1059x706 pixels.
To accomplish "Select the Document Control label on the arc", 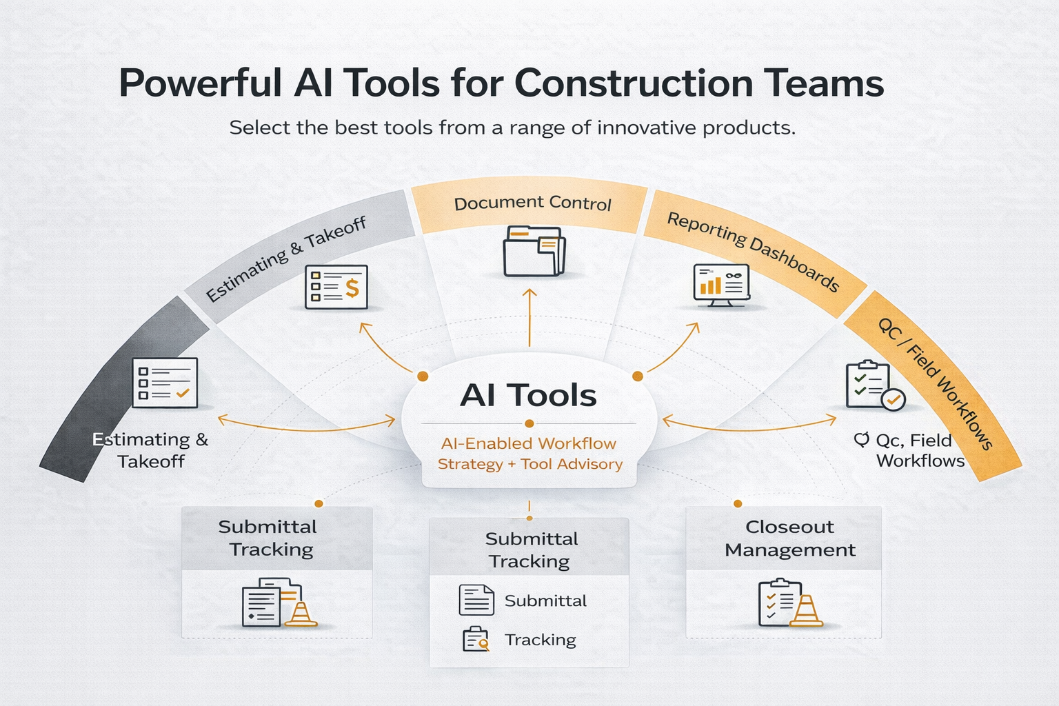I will pos(532,203).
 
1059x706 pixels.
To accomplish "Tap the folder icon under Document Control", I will pos(534,251).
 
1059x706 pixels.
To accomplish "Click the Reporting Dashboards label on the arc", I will pos(753,251).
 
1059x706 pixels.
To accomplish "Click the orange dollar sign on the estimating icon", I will pos(352,287).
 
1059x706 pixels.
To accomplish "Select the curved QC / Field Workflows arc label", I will pos(934,383).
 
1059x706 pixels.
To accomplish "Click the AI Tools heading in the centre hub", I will pos(528,395).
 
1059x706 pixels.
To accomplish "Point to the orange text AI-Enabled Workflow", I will pos(529,443).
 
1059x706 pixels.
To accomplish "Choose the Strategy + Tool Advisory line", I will pos(529,464).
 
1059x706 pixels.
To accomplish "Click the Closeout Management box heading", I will pos(789,538).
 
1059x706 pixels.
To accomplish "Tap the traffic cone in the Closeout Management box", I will pos(806,611).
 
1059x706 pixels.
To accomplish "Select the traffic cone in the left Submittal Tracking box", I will pos(301,613).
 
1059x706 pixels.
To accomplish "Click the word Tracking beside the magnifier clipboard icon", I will pos(540,640).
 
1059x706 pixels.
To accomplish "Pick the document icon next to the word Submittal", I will pos(476,600).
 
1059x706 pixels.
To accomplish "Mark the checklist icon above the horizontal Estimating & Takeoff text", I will pos(165,383).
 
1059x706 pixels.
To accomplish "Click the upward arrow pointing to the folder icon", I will pos(529,317).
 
